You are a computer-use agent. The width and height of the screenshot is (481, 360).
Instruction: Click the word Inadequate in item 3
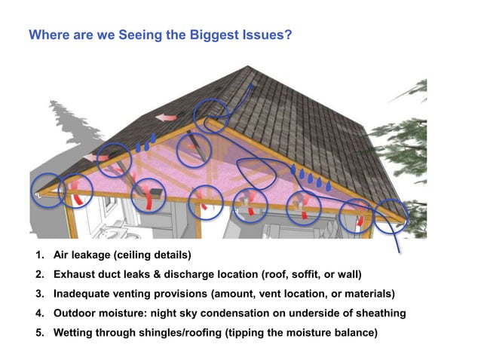(84, 293)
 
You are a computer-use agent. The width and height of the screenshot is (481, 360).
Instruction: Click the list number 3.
(38, 293)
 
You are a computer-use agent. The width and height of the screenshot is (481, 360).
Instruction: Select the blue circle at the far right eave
(394, 215)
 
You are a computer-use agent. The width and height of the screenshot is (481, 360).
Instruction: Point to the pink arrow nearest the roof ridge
(165, 117)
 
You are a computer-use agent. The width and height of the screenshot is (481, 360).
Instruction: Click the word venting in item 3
(165, 293)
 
